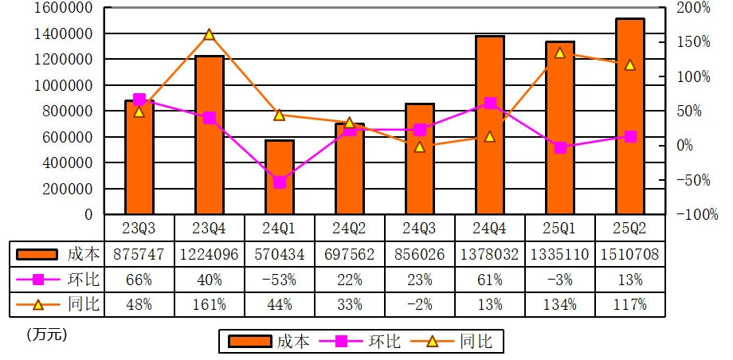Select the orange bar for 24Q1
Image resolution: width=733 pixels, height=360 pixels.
pos(280,177)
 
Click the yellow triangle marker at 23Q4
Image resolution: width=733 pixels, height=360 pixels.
pos(210,35)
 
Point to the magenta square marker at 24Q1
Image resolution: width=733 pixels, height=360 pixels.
pos(280,182)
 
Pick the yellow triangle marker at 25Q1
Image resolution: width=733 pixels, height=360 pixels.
pos(559,53)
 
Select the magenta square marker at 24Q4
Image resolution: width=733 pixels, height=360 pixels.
pos(489,104)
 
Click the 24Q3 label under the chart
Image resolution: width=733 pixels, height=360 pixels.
pos(419,228)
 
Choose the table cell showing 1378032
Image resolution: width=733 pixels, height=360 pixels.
pos(489,255)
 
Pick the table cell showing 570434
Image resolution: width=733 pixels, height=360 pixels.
pos(280,255)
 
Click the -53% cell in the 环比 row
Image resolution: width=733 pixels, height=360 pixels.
pos(280,280)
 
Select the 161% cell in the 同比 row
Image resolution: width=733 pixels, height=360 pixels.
pos(210,304)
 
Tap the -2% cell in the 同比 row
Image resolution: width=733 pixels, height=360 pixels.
pos(419,304)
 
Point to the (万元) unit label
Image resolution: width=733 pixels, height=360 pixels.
pos(46,335)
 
